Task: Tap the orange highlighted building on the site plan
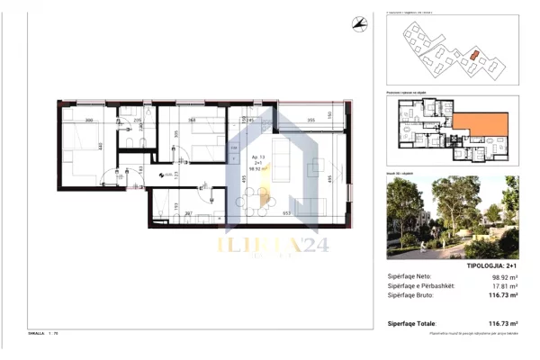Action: click(x=473, y=54)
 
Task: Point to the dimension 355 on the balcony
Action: click(x=310, y=121)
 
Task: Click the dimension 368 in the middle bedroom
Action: click(x=192, y=120)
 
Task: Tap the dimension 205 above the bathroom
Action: click(x=137, y=120)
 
